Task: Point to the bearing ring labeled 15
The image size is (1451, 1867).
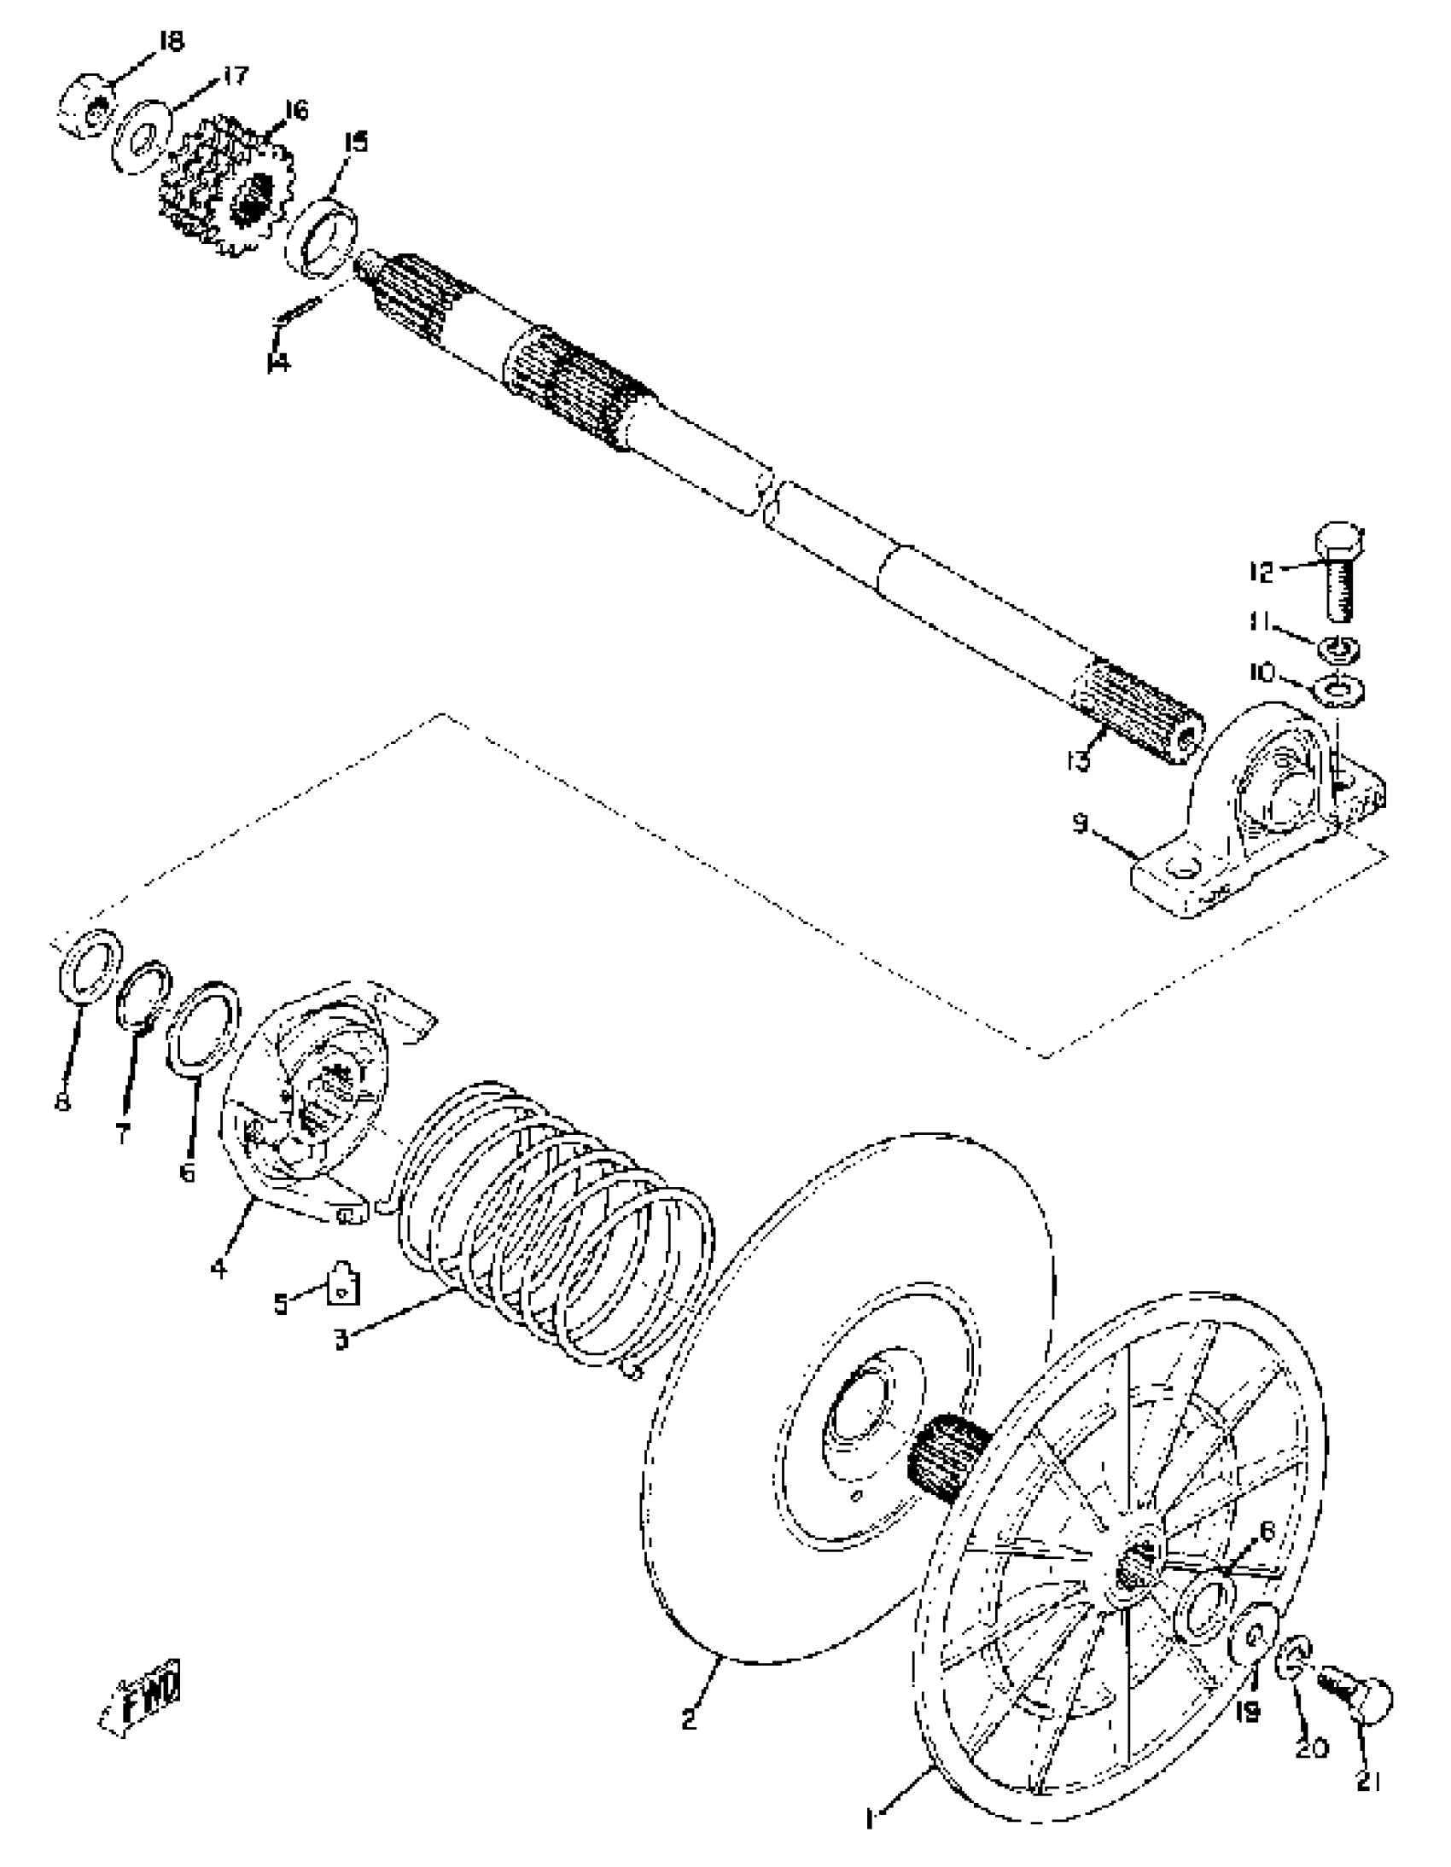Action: click(x=323, y=239)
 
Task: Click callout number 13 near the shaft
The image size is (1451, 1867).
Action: click(x=1080, y=759)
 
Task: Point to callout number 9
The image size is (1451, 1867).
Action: click(x=1081, y=824)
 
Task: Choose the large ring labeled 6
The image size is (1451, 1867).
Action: click(x=203, y=1026)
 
